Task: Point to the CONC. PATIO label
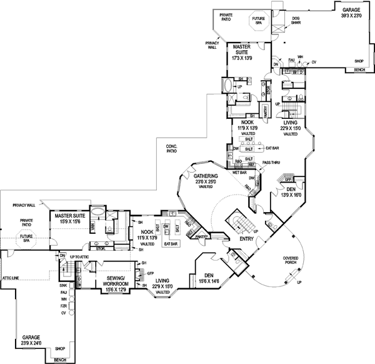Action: pyautogui.click(x=172, y=149)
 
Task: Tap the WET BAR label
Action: pyautogui.click(x=239, y=171)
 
